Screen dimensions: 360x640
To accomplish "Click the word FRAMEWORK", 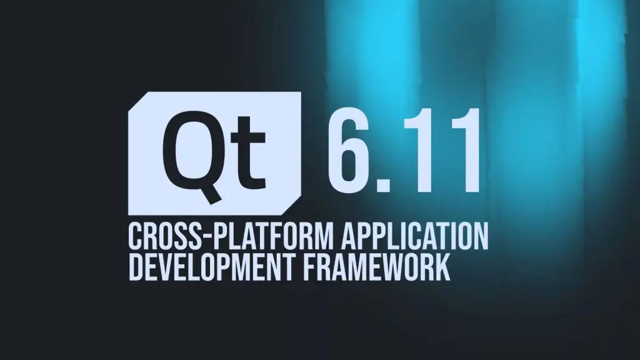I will coord(375,267).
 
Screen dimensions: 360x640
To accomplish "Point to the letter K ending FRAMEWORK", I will coord(441,267).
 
